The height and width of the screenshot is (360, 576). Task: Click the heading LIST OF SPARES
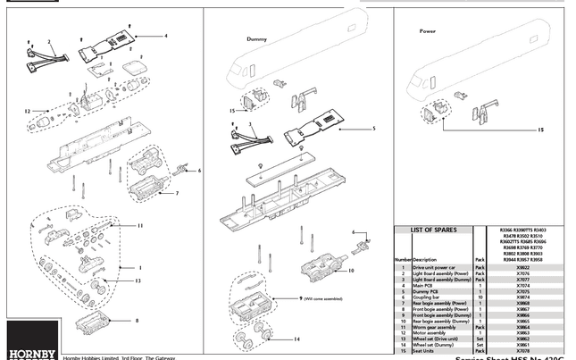pyautogui.click(x=433, y=230)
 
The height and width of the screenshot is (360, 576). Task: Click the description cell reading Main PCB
pyautogui.click(x=425, y=285)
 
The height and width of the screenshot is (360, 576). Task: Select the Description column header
pyautogui.click(x=424, y=259)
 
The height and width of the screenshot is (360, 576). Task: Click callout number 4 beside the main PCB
pyautogui.click(x=165, y=36)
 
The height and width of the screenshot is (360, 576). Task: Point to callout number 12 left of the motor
pyautogui.click(x=28, y=112)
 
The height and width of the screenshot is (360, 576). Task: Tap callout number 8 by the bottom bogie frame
pyautogui.click(x=137, y=319)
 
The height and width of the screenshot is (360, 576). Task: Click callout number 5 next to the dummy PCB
pyautogui.click(x=374, y=129)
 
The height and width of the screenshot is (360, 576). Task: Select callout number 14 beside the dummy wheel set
pyautogui.click(x=297, y=339)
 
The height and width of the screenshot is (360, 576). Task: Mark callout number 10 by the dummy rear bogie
pyautogui.click(x=352, y=270)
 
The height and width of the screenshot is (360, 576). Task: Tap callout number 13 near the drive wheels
pyautogui.click(x=137, y=280)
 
